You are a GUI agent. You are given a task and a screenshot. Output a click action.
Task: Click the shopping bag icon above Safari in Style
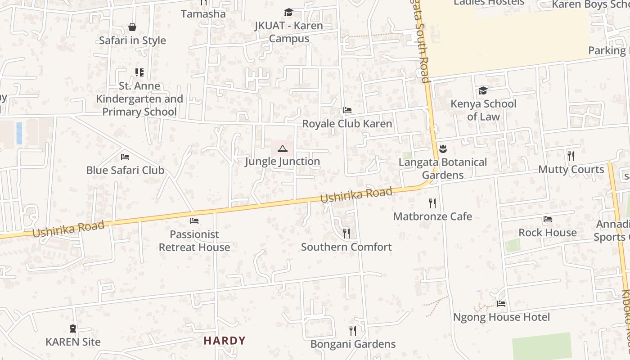tap(132, 27)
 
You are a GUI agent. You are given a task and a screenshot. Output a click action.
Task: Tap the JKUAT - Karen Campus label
tap(289, 32)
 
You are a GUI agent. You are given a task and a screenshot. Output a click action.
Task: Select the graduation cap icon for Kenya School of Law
tap(483, 91)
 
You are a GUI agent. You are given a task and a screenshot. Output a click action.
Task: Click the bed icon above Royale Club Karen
tap(347, 110)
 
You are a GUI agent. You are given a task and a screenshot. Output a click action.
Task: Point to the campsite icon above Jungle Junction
tap(282, 148)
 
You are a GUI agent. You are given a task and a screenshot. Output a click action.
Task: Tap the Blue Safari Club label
tap(125, 170)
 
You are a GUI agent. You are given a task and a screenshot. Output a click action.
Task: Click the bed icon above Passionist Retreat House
tap(194, 221)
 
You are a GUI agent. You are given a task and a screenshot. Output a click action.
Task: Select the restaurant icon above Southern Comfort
tap(346, 234)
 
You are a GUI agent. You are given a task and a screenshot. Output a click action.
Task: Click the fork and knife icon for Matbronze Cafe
tap(432, 203)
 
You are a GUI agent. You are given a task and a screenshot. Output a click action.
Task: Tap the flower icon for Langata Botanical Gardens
tap(443, 149)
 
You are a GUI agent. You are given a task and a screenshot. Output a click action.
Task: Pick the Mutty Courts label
tap(571, 170)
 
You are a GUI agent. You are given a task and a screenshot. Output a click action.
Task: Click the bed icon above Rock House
tap(547, 220)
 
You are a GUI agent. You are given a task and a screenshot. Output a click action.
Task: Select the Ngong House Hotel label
tap(501, 317)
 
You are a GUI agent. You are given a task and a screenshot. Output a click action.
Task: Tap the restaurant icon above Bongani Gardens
tap(353, 331)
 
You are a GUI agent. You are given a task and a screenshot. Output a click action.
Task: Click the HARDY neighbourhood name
tap(225, 341)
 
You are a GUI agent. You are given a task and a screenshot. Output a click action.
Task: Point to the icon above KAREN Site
tap(73, 329)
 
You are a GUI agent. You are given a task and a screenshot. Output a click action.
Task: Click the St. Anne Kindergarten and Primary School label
tap(139, 99)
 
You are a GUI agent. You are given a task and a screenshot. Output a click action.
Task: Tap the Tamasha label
tap(203, 14)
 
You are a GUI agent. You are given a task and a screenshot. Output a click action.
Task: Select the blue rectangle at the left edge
tap(19, 133)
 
